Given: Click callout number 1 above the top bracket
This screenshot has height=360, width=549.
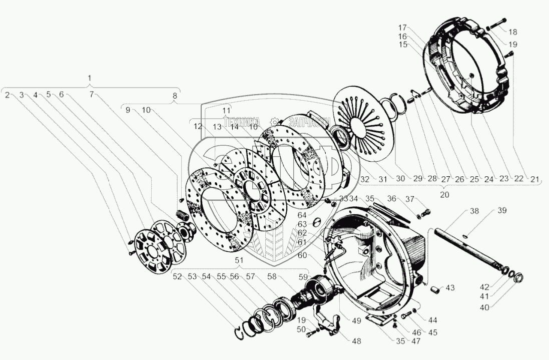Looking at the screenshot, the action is pyautogui.click(x=89, y=78).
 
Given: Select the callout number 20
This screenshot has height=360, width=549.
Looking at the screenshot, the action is pyautogui.click(x=444, y=194).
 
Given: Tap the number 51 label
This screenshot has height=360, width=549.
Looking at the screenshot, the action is pyautogui.click(x=239, y=260).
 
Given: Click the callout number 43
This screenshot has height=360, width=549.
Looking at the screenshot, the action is pyautogui.click(x=450, y=287).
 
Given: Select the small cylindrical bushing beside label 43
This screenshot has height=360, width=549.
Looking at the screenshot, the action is pyautogui.click(x=435, y=289).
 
